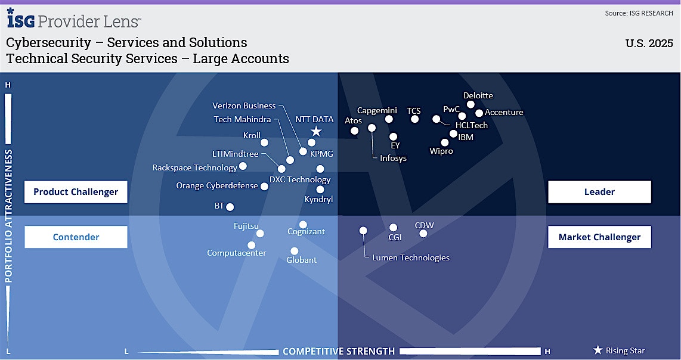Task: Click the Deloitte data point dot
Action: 470,104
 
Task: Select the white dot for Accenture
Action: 479,113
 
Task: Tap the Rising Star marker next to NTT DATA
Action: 316,132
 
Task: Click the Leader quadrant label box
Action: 599,192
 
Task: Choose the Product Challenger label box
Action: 76,192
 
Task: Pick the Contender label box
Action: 76,237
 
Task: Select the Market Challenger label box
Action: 599,237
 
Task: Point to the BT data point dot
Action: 230,207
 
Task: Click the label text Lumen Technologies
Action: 410,257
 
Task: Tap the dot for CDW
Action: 423,233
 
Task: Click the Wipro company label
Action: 441,151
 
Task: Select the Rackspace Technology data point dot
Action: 243,166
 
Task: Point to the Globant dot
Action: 294,251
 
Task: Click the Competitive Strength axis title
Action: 338,351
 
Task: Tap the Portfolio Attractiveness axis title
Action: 9,216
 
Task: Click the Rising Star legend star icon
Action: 598,350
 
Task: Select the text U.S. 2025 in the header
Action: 649,44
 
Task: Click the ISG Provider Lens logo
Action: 74,20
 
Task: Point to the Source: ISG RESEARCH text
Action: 639,13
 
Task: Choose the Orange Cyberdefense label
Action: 217,185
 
